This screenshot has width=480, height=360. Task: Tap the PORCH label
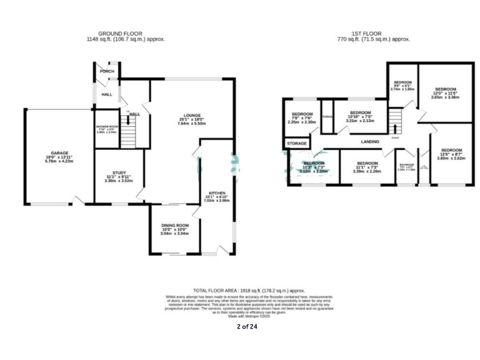tap(107, 71)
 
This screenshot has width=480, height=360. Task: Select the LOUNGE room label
tap(192, 115)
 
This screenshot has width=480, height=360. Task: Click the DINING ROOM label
tap(174, 225)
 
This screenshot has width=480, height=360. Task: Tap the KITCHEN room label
tap(217, 193)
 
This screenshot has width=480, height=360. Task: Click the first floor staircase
tap(395, 119)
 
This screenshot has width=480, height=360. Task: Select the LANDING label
tap(371, 142)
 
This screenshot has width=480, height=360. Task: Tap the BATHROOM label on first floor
tap(407, 166)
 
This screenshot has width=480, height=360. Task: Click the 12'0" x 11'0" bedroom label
tap(446, 89)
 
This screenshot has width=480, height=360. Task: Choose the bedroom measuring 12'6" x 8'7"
tap(451, 151)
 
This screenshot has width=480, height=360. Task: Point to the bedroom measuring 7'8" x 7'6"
tap(302, 114)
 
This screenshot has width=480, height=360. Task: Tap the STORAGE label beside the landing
tap(297, 144)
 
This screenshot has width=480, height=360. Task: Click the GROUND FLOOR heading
tap(120, 33)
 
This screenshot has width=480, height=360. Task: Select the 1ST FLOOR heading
tap(366, 33)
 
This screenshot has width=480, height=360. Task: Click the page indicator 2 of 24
tap(246, 326)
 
